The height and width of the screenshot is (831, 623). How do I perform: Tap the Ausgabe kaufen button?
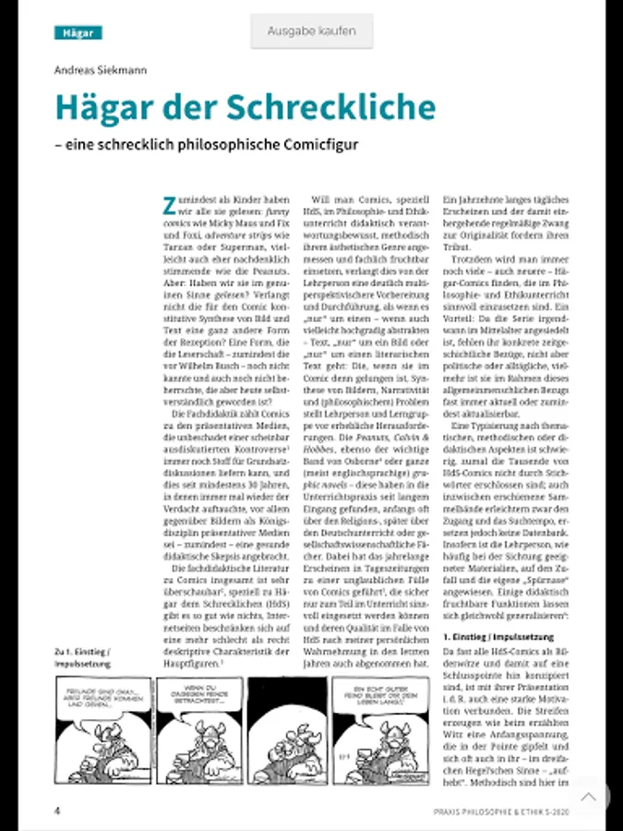pyautogui.click(x=311, y=31)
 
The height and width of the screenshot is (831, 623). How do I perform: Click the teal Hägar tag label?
pyautogui.click(x=78, y=33)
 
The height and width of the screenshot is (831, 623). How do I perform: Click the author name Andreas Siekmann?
pyautogui.click(x=101, y=70)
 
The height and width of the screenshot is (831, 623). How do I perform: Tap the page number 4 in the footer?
pyautogui.click(x=57, y=811)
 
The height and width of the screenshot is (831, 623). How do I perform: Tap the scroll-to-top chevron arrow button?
pyautogui.click(x=588, y=796)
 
